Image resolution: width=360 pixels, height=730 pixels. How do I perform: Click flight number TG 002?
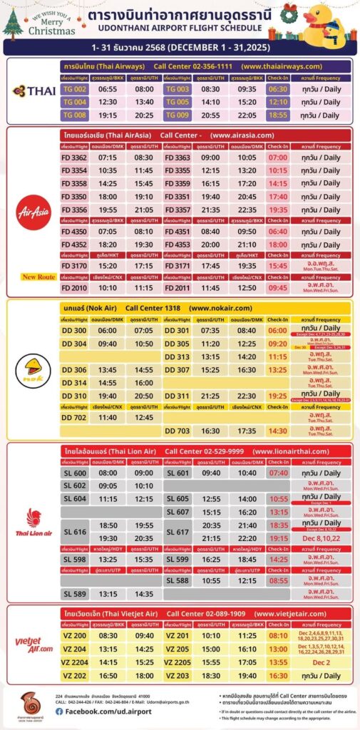[x=75, y=89]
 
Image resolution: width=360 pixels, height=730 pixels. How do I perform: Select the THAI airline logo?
[x=31, y=91]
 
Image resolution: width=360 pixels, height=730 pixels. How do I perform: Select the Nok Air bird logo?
[x=31, y=369]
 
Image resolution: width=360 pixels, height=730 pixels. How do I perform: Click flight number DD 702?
[x=75, y=418]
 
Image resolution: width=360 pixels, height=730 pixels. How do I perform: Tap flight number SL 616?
[x=75, y=532]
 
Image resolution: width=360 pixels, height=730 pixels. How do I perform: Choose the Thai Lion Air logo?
[x=31, y=522]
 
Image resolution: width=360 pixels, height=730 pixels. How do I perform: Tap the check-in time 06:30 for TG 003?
[x=277, y=89]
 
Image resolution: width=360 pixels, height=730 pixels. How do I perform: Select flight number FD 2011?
[x=178, y=287]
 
